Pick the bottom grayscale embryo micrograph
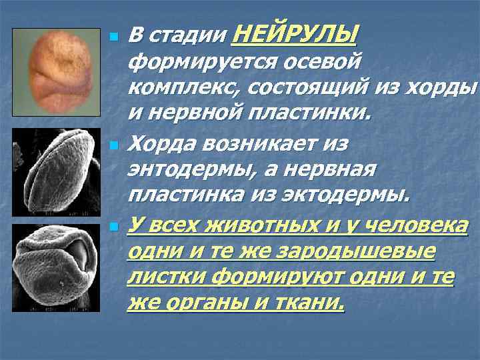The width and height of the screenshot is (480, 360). (56, 267)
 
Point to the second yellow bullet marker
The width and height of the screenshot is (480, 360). (113, 144)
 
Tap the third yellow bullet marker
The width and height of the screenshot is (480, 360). (113, 227)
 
